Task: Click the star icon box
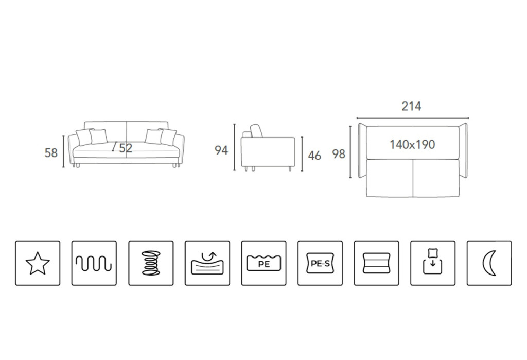pos(38,263)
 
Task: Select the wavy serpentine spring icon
pos(94,263)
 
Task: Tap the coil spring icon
pos(151,263)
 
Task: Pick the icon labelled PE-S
pos(320,263)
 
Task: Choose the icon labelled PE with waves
pos(263,263)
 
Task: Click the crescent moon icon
pos(489,263)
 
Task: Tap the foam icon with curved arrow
pos(207,263)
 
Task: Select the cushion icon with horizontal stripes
pos(376,263)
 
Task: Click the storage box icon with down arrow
pos(433,263)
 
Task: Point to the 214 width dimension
pos(411,106)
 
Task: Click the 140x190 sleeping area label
pos(412,145)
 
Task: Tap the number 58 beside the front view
pos(51,153)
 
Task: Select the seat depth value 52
pos(126,148)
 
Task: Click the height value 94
pos(221,150)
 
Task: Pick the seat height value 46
pos(314,155)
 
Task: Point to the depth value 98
pos(339,154)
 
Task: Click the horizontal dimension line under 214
pos(412,118)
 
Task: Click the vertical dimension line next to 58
pos(64,151)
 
